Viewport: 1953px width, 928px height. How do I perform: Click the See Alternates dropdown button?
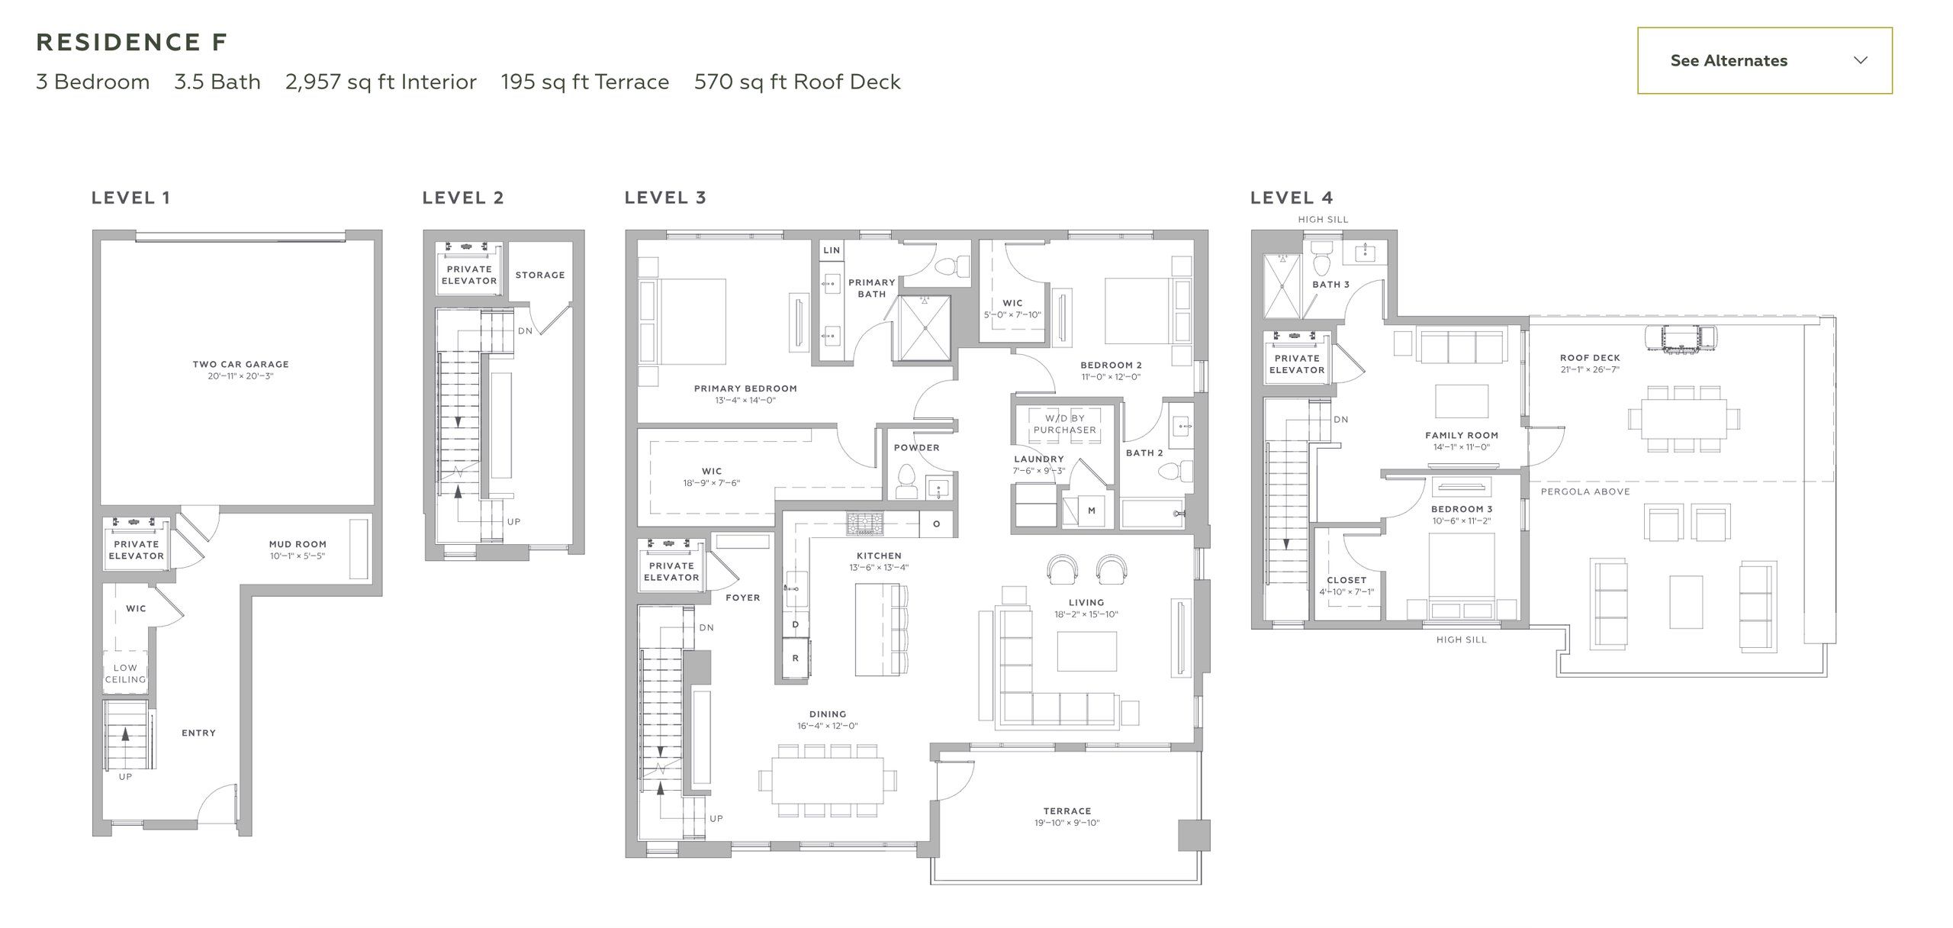1764,60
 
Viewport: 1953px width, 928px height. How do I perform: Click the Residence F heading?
132,42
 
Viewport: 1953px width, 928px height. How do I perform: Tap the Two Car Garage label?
240,364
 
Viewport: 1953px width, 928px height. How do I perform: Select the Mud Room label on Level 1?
298,544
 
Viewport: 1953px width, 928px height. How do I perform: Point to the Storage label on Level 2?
540,275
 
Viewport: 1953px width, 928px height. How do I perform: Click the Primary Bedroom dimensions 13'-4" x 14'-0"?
745,401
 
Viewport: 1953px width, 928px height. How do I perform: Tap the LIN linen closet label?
832,250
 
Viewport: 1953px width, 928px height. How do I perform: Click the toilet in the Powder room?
906,482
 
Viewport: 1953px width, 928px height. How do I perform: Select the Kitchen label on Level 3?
879,556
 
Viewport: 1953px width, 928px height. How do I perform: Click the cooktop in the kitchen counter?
864,524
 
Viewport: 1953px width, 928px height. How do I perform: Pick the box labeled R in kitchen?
795,658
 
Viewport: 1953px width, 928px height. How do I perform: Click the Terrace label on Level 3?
1067,810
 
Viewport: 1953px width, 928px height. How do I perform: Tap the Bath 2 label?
1144,453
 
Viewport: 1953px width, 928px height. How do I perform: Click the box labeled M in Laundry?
1091,511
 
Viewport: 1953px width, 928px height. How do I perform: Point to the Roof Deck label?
1590,357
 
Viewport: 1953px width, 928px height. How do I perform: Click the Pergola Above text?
1585,491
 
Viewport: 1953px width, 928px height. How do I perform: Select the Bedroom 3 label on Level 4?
1461,509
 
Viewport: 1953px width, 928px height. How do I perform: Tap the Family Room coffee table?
1461,401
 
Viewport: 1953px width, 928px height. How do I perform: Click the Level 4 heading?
1292,198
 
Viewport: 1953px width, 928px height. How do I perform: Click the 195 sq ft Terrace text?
584,82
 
